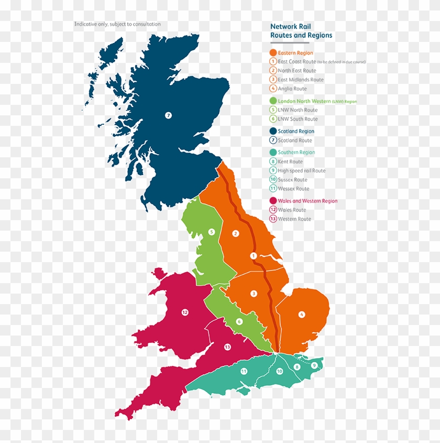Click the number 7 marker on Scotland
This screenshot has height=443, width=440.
pyautogui.click(x=168, y=115)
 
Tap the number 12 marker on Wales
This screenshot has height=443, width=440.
pyautogui.click(x=184, y=312)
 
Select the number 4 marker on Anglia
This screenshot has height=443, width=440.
pyautogui.click(x=302, y=315)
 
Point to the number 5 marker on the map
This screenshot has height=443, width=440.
pyautogui.click(x=212, y=232)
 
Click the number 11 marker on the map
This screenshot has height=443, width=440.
pyautogui.click(x=244, y=371)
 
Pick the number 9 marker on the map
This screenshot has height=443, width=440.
pyautogui.click(x=314, y=365)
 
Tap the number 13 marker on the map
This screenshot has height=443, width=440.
pyautogui.click(x=227, y=347)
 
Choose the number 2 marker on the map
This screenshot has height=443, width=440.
pyautogui.click(x=236, y=233)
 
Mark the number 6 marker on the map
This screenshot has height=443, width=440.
pyautogui.click(x=239, y=321)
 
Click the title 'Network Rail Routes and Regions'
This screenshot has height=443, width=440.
pyautogui.click(x=301, y=31)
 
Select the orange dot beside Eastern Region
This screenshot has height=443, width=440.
pyautogui.click(x=273, y=53)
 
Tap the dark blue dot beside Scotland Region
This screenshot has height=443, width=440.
pyautogui.click(x=273, y=131)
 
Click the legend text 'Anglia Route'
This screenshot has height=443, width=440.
pyautogui.click(x=292, y=89)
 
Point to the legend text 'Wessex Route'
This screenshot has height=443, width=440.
pyautogui.click(x=293, y=189)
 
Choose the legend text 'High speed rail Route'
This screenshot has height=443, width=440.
pyautogui.click(x=301, y=171)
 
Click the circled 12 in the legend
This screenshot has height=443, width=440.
pyautogui.click(x=273, y=210)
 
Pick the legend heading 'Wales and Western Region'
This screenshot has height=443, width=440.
pyautogui.click(x=307, y=201)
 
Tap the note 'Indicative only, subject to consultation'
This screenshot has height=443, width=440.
pyautogui.click(x=117, y=24)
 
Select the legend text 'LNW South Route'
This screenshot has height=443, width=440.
pyautogui.click(x=298, y=119)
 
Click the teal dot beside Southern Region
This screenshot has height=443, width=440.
pyautogui.click(x=273, y=153)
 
